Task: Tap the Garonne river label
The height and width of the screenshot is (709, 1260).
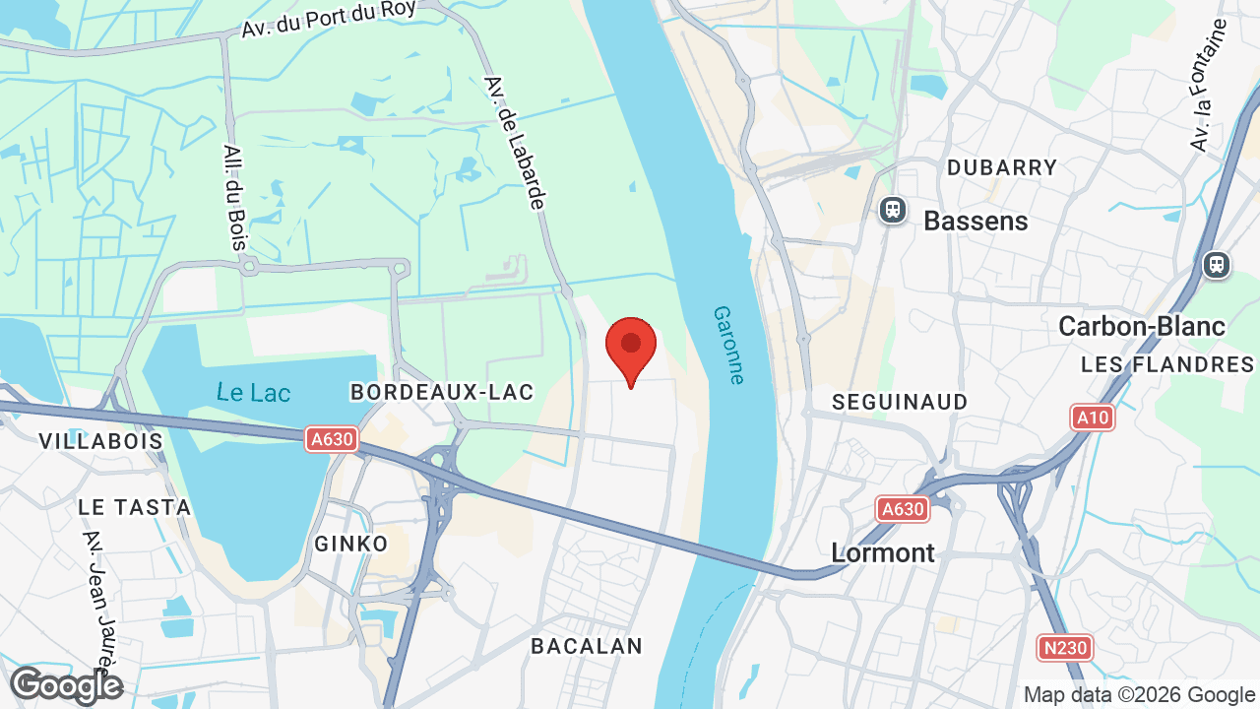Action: [729, 344]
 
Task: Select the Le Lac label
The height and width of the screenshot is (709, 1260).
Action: [254, 393]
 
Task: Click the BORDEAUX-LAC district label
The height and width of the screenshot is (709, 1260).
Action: [442, 392]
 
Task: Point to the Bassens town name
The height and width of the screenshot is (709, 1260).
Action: [976, 221]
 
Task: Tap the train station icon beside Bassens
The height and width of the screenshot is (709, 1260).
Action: [893, 209]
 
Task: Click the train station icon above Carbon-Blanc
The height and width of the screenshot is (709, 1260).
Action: [1217, 265]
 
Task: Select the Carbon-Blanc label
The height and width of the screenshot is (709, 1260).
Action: [1142, 326]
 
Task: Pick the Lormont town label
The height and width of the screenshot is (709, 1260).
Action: [883, 552]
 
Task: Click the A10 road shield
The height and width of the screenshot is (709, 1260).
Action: [1092, 418]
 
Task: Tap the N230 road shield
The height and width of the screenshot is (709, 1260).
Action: [1065, 648]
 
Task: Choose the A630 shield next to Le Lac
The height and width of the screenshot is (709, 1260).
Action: [331, 439]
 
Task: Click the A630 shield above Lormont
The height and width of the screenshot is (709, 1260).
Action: [903, 509]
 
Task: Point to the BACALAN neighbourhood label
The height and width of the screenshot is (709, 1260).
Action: [587, 646]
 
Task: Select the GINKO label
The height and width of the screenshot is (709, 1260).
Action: [351, 544]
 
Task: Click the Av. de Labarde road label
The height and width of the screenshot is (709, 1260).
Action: [515, 143]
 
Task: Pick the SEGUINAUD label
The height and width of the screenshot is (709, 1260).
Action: [900, 402]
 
